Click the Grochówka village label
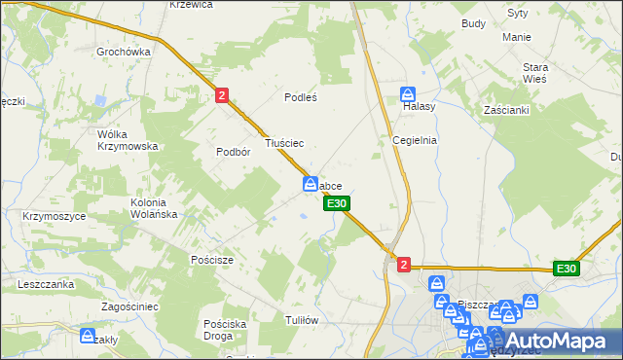(x=123, y=51)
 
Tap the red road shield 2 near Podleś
(x=222, y=94)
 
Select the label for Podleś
(x=301, y=97)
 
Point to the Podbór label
(x=234, y=152)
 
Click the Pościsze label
(x=211, y=260)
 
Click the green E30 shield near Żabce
(x=336, y=203)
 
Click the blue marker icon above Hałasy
(x=408, y=94)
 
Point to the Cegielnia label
(x=415, y=139)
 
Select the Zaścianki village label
(x=505, y=110)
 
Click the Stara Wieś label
(x=535, y=72)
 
